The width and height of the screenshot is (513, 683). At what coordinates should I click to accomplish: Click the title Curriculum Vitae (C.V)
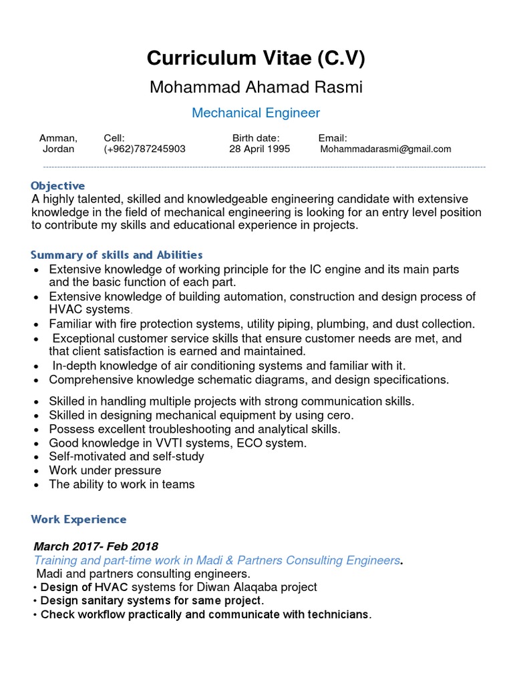(x=256, y=59)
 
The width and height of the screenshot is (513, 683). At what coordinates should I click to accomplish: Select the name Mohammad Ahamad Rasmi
(x=256, y=87)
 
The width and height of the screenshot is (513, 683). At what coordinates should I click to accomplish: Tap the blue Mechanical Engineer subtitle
(x=256, y=113)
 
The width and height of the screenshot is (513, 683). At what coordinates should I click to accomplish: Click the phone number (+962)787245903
(x=145, y=149)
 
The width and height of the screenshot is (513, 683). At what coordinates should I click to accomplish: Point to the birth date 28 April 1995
(x=259, y=149)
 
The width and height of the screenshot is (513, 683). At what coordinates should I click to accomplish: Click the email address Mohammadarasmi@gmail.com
(x=385, y=149)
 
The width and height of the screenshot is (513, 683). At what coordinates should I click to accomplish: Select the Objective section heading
(x=58, y=185)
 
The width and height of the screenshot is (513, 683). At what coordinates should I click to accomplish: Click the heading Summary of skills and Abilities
(x=117, y=255)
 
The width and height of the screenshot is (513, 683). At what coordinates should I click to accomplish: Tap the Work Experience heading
(x=79, y=519)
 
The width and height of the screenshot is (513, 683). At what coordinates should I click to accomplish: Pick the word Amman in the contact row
(x=58, y=138)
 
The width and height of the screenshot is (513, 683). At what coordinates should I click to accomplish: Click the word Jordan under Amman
(x=58, y=149)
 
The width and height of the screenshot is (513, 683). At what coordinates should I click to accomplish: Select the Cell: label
(x=114, y=138)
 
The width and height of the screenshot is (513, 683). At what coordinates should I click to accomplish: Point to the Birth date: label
(x=261, y=138)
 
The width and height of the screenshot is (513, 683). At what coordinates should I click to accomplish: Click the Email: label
(x=333, y=138)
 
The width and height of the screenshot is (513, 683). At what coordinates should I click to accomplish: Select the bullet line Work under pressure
(x=105, y=470)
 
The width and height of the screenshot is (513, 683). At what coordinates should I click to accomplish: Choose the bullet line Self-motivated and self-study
(x=126, y=456)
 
